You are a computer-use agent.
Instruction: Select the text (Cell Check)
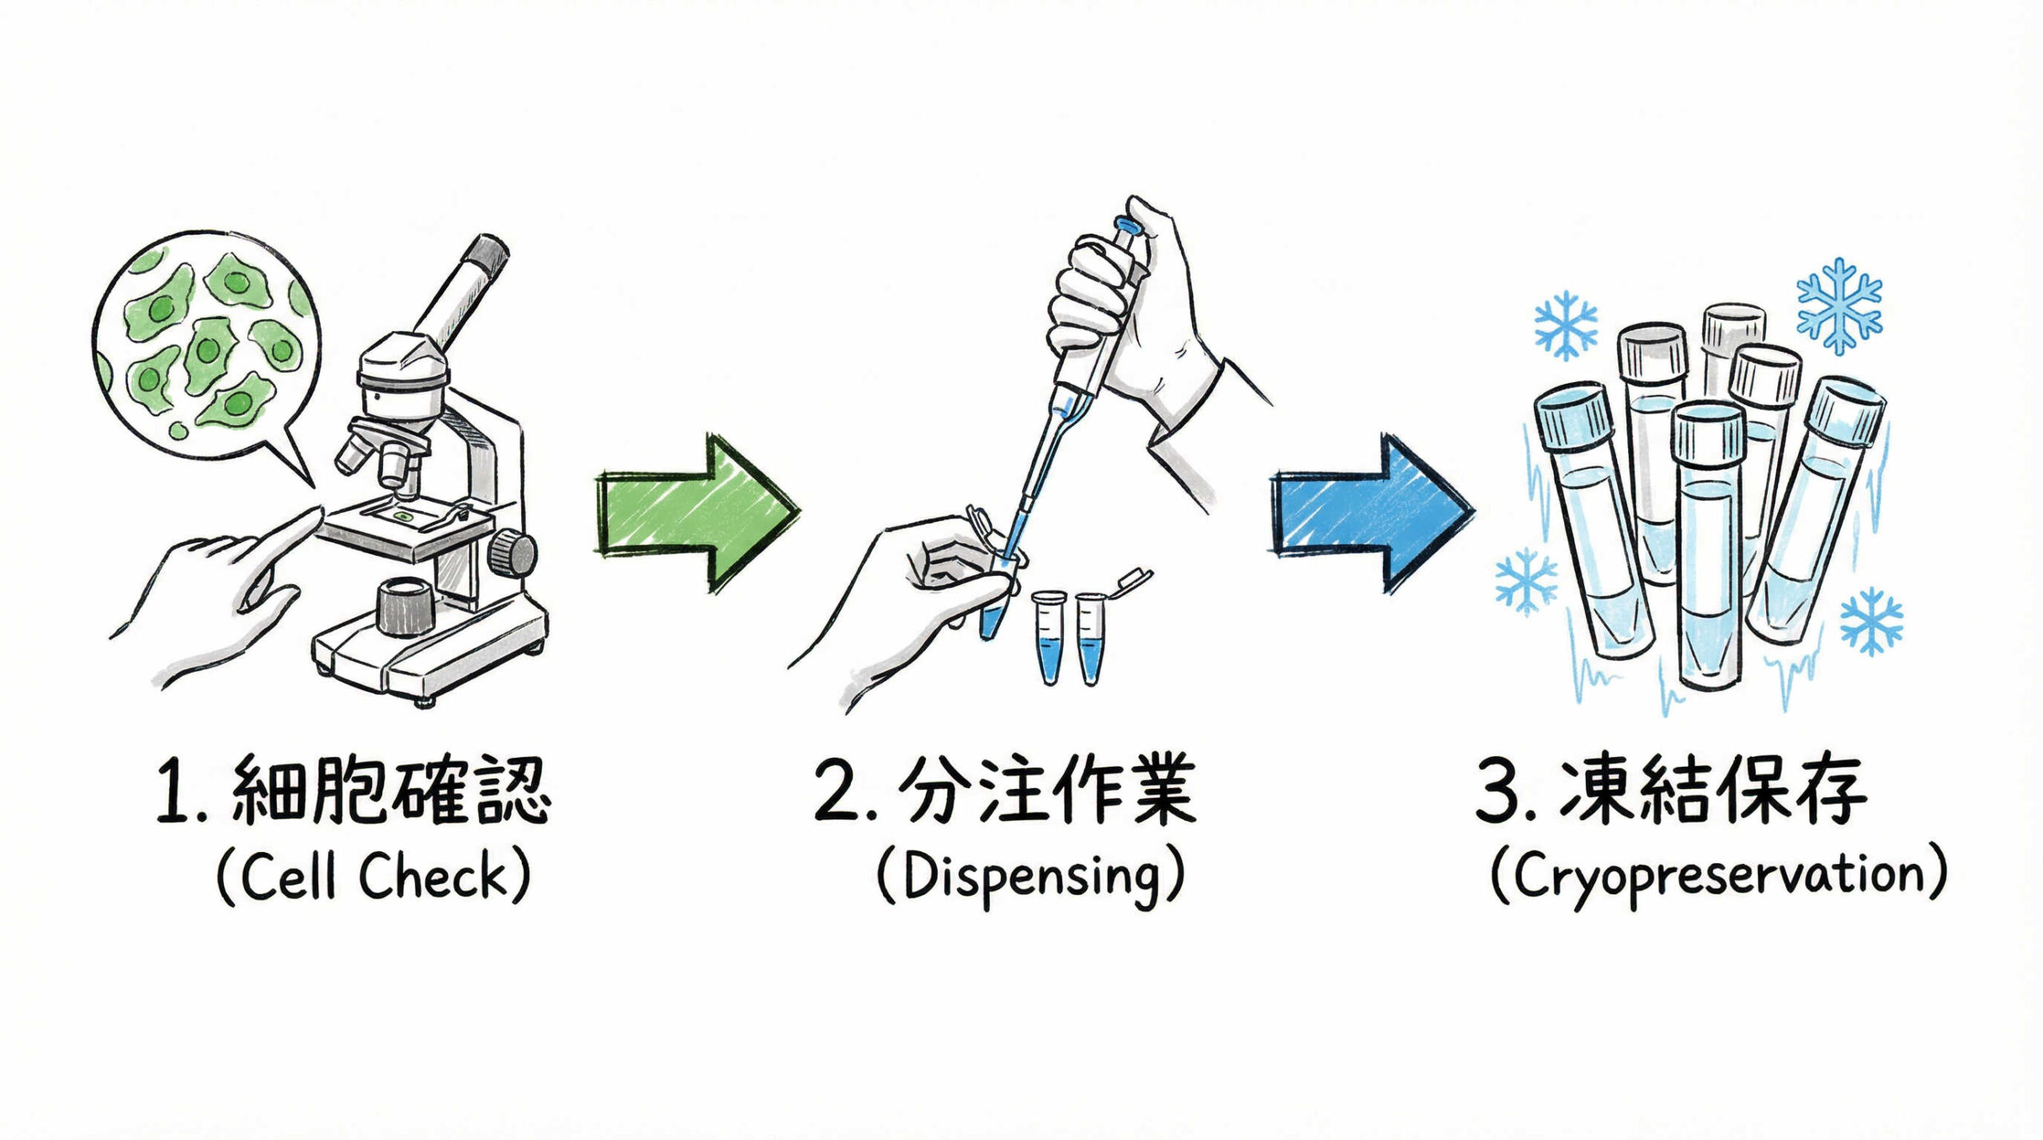pyautogui.click(x=373, y=877)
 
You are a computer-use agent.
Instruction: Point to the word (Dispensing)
pyautogui.click(x=1030, y=877)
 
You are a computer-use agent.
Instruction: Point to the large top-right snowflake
pyautogui.click(x=1839, y=306)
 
